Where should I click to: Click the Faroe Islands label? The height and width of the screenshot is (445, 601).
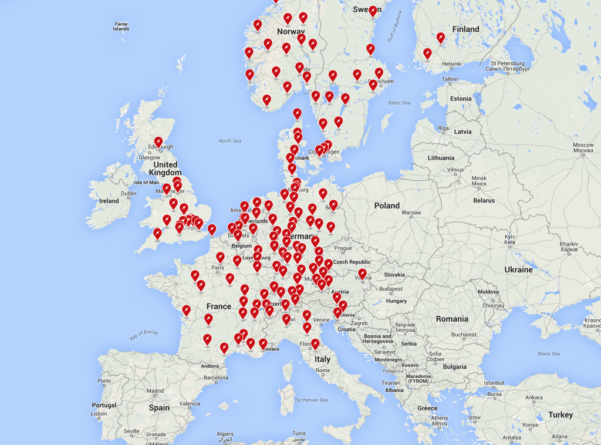121,26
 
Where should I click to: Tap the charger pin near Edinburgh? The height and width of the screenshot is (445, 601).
158,142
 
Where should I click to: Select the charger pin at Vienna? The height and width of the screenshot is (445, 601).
362,274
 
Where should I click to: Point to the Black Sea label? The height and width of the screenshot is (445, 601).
548,353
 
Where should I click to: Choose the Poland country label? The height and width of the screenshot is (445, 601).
387,205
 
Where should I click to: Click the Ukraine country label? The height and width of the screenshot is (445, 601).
518,269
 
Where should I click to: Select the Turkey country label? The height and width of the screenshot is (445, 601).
560,414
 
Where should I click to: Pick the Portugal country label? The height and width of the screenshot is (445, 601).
104,405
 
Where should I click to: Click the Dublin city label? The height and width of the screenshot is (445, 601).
129,193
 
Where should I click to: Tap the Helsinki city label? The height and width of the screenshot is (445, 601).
452,64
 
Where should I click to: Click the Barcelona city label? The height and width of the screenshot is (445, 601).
216,377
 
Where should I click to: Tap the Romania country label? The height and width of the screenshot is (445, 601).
452,319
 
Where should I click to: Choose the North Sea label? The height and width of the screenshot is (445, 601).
229,141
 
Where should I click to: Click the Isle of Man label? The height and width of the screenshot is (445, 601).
147,183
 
